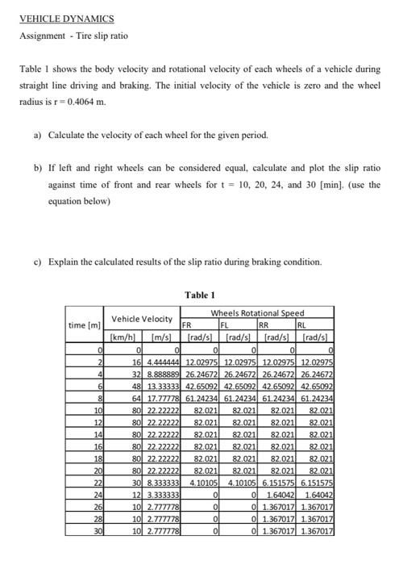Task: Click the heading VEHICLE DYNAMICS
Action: [x=66, y=18]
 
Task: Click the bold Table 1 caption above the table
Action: [x=199, y=295]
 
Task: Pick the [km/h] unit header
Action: [x=126, y=338]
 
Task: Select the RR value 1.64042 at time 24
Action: [x=280, y=494]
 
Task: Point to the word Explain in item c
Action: [x=63, y=262]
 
